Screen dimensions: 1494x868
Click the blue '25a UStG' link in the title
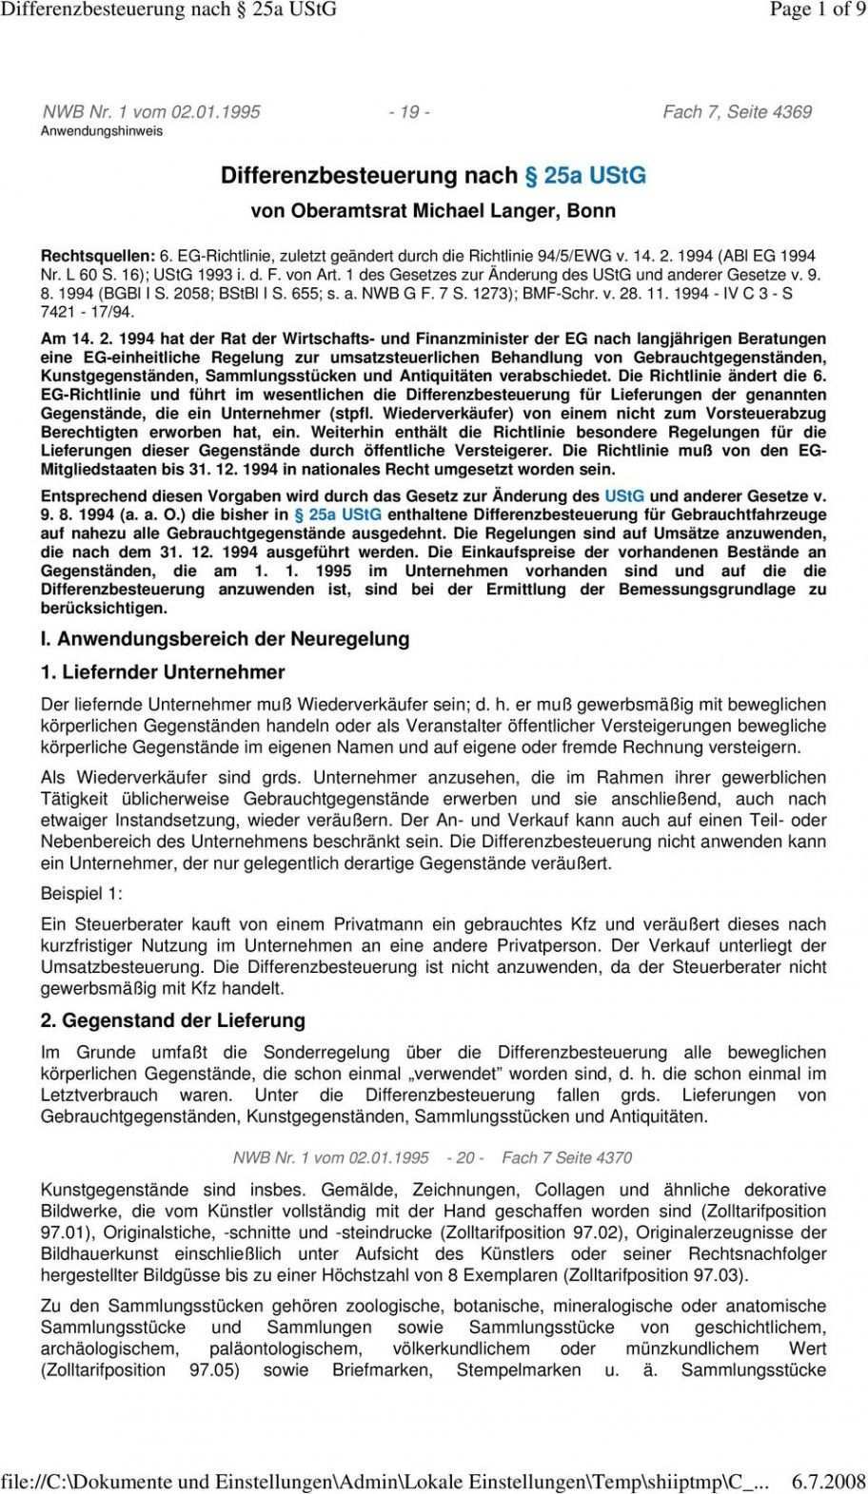tap(586, 176)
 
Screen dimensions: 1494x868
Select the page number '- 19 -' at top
tap(409, 112)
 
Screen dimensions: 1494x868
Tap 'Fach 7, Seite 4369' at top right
tap(737, 112)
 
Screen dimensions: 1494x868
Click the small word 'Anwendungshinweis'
tap(101, 130)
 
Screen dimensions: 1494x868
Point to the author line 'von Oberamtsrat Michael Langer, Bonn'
tap(433, 211)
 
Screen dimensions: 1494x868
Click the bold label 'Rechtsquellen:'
tap(98, 258)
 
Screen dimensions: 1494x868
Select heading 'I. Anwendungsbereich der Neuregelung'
tap(225, 639)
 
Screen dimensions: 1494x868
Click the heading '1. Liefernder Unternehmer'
tap(163, 672)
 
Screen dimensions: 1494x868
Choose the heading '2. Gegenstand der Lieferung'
tap(173, 1020)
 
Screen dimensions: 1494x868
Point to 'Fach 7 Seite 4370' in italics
tap(566, 1158)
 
